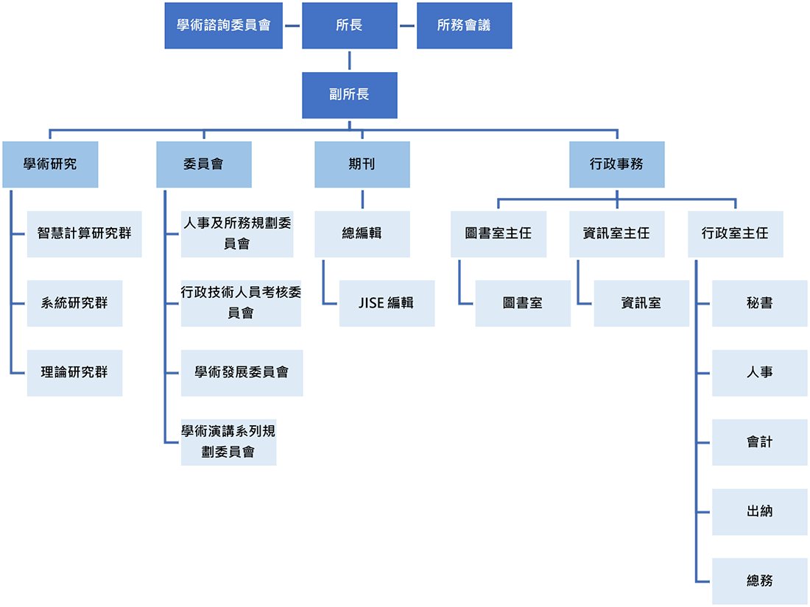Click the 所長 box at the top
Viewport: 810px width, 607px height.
(349, 26)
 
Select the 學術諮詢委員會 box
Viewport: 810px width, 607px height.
(223, 26)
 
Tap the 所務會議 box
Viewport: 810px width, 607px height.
(464, 26)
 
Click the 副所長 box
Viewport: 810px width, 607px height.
(349, 95)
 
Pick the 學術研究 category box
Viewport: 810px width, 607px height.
(50, 164)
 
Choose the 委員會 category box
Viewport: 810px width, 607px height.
(203, 164)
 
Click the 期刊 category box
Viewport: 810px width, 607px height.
(362, 164)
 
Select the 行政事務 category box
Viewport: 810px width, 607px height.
(616, 164)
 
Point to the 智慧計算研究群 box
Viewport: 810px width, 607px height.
(84, 234)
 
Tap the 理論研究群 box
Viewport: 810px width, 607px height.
(74, 373)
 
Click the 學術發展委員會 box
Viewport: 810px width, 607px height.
(242, 373)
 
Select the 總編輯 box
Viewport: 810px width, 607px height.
(362, 234)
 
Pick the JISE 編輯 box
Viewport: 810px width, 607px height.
(387, 303)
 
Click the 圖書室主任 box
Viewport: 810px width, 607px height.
(499, 234)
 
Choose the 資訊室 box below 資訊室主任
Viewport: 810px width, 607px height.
(641, 303)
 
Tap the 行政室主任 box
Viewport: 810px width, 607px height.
(735, 234)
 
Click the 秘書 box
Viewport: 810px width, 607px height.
(759, 303)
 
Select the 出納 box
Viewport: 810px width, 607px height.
(759, 511)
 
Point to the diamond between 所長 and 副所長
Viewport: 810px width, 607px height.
(349, 60)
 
